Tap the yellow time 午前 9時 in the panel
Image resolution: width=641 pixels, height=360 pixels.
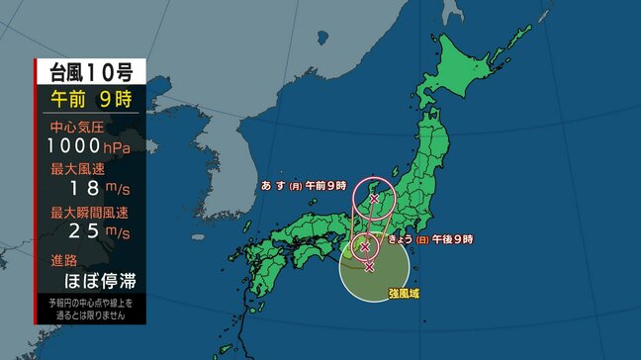click(91, 99)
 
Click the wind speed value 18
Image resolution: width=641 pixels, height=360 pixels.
click(83, 189)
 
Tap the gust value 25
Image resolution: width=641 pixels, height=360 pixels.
click(83, 232)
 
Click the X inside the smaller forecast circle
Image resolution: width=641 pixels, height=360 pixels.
click(365, 246)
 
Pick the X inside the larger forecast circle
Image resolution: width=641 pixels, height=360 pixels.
click(374, 199)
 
